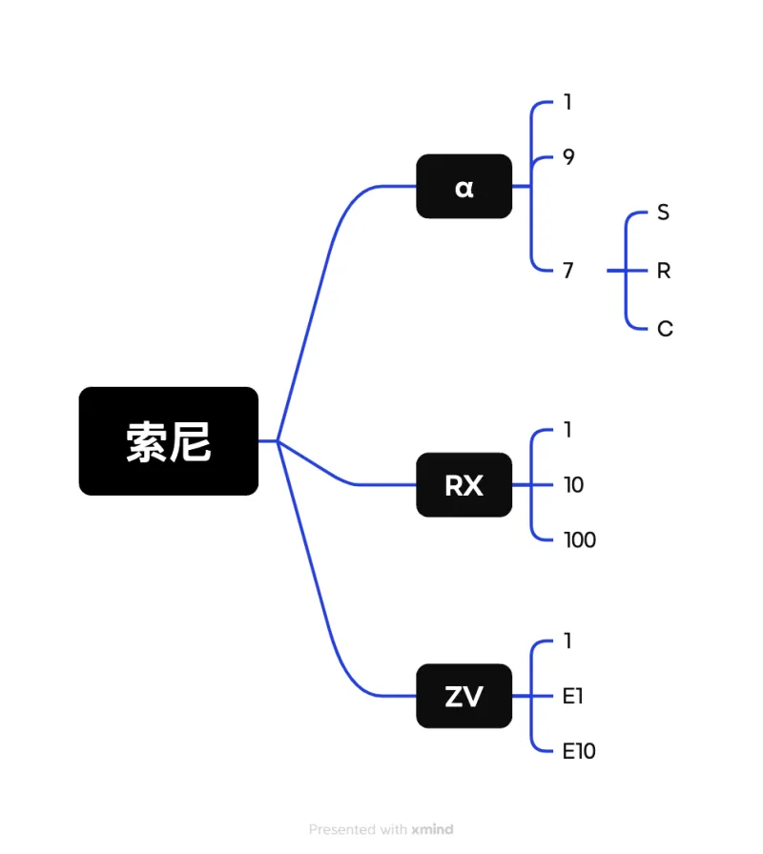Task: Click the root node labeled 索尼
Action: coord(169,441)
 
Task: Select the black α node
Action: coord(464,187)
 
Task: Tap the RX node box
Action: coord(464,485)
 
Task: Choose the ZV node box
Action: coord(464,697)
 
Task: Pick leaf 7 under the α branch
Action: coord(568,271)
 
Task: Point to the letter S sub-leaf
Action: coord(663,213)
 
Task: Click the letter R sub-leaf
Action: coord(664,271)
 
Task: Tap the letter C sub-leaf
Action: coord(665,329)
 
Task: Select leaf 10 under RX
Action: coord(573,485)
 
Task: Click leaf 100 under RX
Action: coord(579,540)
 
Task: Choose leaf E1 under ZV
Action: coord(572,697)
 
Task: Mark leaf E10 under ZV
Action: coord(578,751)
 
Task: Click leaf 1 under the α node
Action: coord(567,102)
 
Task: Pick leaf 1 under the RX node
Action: coord(567,430)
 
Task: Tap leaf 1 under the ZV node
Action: coord(567,641)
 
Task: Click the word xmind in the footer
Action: coord(432,829)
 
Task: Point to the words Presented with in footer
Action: coord(358,829)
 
